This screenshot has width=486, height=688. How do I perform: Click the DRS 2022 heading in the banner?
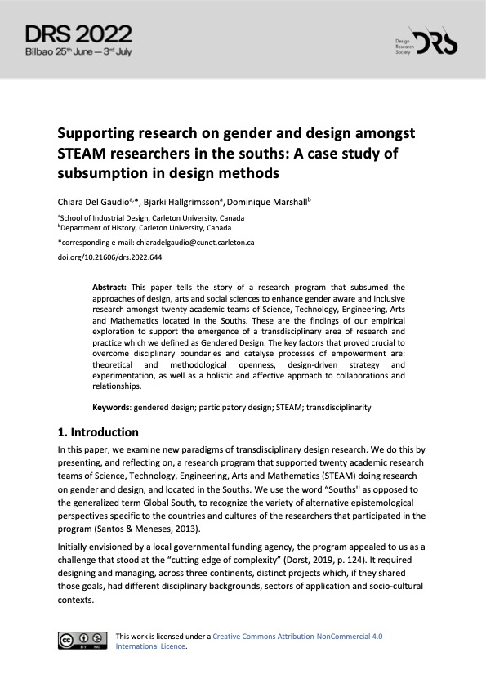click(x=78, y=33)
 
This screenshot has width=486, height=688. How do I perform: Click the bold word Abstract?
click(x=109, y=288)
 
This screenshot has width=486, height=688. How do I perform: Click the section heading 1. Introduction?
click(x=98, y=432)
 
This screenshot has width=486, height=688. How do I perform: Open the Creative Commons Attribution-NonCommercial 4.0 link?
click(x=297, y=636)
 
